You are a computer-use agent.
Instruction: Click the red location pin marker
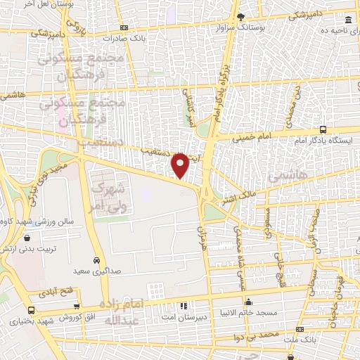coord(180,165)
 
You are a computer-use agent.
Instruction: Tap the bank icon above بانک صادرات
coord(124,27)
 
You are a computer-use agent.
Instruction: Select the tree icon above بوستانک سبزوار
coord(241,15)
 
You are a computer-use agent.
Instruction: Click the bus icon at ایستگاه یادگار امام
coord(323,130)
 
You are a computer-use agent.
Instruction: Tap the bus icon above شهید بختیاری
coord(31,311)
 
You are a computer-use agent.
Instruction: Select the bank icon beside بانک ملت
coord(300,329)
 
